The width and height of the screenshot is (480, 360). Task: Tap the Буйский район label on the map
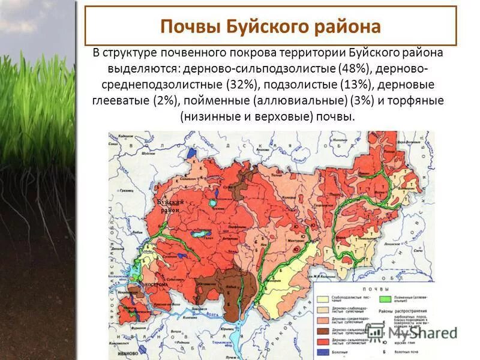tap(169, 206)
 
